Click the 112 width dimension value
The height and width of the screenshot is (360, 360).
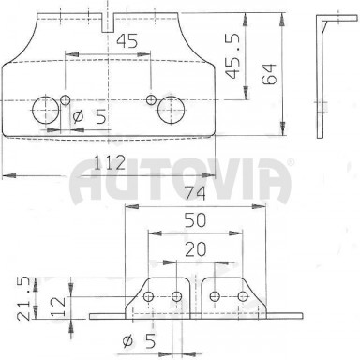point(110,162)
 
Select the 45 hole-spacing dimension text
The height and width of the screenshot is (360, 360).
point(127,40)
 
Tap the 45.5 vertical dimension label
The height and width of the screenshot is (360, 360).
point(233,55)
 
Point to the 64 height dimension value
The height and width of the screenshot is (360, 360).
point(269,74)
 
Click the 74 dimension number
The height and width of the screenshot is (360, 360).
point(195,193)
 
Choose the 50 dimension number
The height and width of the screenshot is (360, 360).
point(195,220)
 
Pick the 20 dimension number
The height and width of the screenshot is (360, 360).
point(196,249)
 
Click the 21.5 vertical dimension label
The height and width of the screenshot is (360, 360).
point(24,299)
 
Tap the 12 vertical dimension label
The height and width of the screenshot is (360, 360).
point(58,307)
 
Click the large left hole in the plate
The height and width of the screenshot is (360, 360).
point(46,110)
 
